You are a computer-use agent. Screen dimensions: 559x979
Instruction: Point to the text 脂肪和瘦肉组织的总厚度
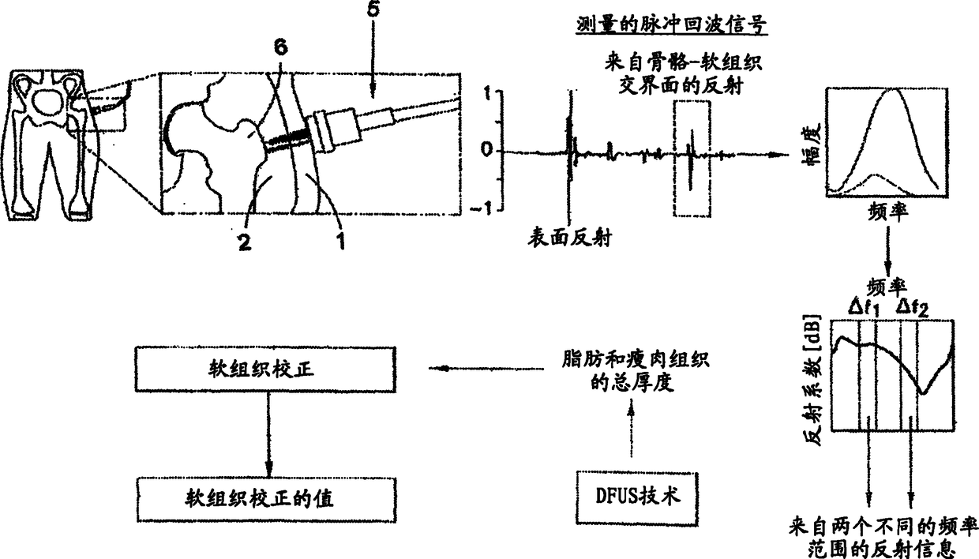coord(630,370)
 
